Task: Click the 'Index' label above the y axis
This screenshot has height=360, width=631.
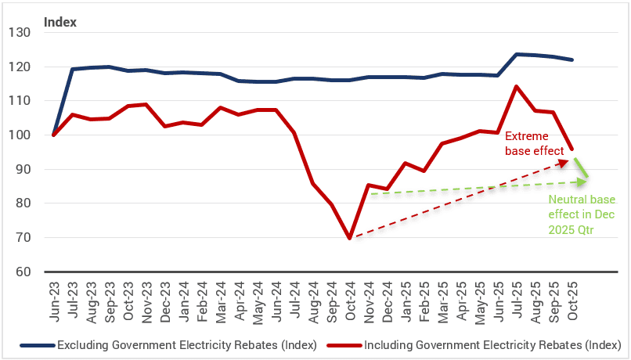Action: pos(60,22)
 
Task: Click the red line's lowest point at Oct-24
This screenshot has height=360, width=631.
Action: pos(349,238)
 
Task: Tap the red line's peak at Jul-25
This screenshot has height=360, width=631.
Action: pos(516,86)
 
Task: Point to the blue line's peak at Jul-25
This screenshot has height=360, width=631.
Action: pos(516,54)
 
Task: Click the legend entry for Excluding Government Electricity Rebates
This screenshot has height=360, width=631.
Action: pos(168,344)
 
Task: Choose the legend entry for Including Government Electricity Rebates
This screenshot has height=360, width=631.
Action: pos(478,344)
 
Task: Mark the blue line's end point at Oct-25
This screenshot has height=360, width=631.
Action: pos(572,59)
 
